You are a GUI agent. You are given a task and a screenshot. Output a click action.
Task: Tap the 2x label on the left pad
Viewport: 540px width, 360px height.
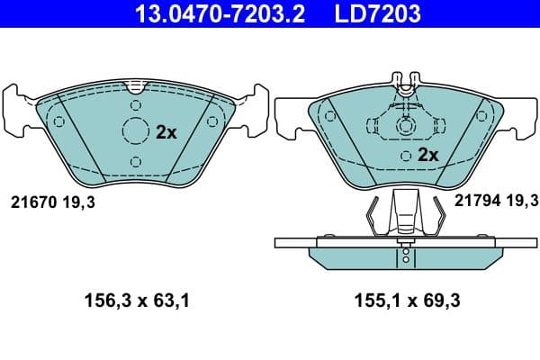click(x=166, y=131)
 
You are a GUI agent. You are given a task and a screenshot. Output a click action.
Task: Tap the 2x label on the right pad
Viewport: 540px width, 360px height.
click(x=427, y=155)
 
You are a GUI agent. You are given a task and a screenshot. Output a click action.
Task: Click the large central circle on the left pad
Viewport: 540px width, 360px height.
click(x=135, y=131)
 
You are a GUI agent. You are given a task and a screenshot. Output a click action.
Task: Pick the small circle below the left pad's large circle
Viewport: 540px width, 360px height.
click(x=135, y=161)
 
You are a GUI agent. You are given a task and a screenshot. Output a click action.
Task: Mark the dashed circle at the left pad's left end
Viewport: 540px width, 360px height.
click(x=59, y=122)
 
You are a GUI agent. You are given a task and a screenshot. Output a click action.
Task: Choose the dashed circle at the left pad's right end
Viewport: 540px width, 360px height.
click(x=211, y=122)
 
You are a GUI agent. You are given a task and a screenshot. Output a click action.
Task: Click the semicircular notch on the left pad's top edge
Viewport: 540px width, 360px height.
click(x=135, y=87)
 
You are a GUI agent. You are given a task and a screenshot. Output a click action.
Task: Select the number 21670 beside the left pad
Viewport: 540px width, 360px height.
click(x=31, y=203)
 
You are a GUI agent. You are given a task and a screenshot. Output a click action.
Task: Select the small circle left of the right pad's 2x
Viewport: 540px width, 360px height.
click(x=407, y=156)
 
